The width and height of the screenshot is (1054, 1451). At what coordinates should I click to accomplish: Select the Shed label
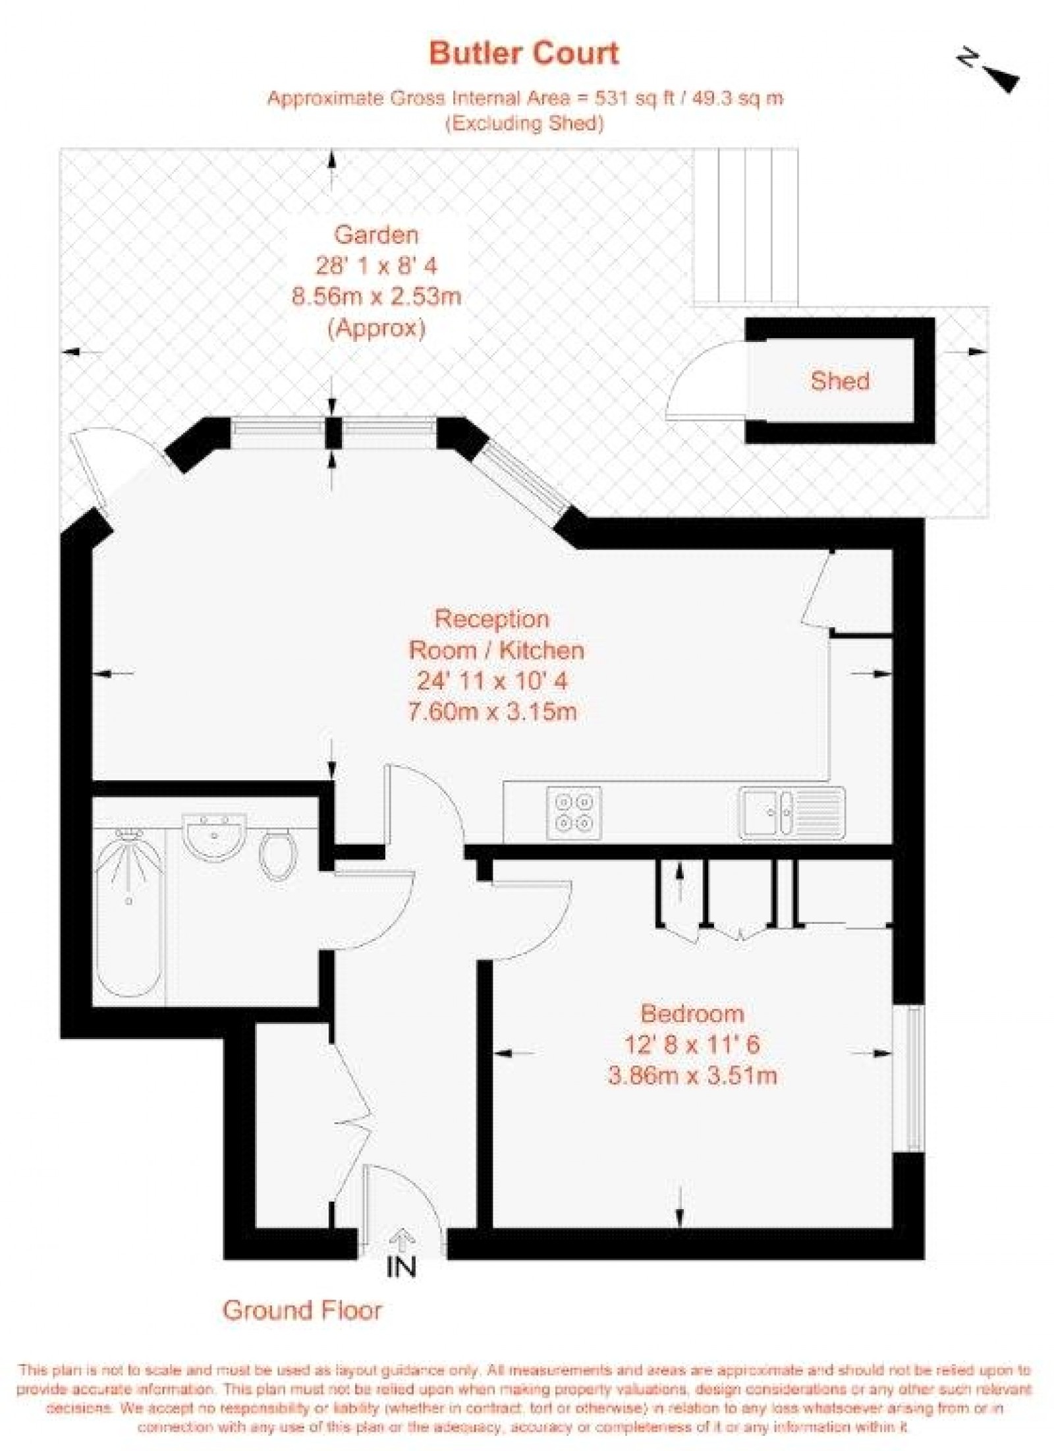coord(839,381)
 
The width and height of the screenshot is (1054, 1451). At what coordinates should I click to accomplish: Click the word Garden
coord(375,235)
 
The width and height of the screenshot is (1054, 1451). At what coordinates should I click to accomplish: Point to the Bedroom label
coord(692,1013)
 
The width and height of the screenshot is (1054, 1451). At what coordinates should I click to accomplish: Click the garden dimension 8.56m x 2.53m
coord(376,297)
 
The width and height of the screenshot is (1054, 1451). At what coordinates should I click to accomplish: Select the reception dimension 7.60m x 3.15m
coord(492,712)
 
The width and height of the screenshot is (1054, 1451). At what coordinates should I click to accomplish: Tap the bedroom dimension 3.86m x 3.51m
coord(692,1076)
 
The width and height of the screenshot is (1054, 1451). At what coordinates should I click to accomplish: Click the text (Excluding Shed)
coord(524,123)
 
